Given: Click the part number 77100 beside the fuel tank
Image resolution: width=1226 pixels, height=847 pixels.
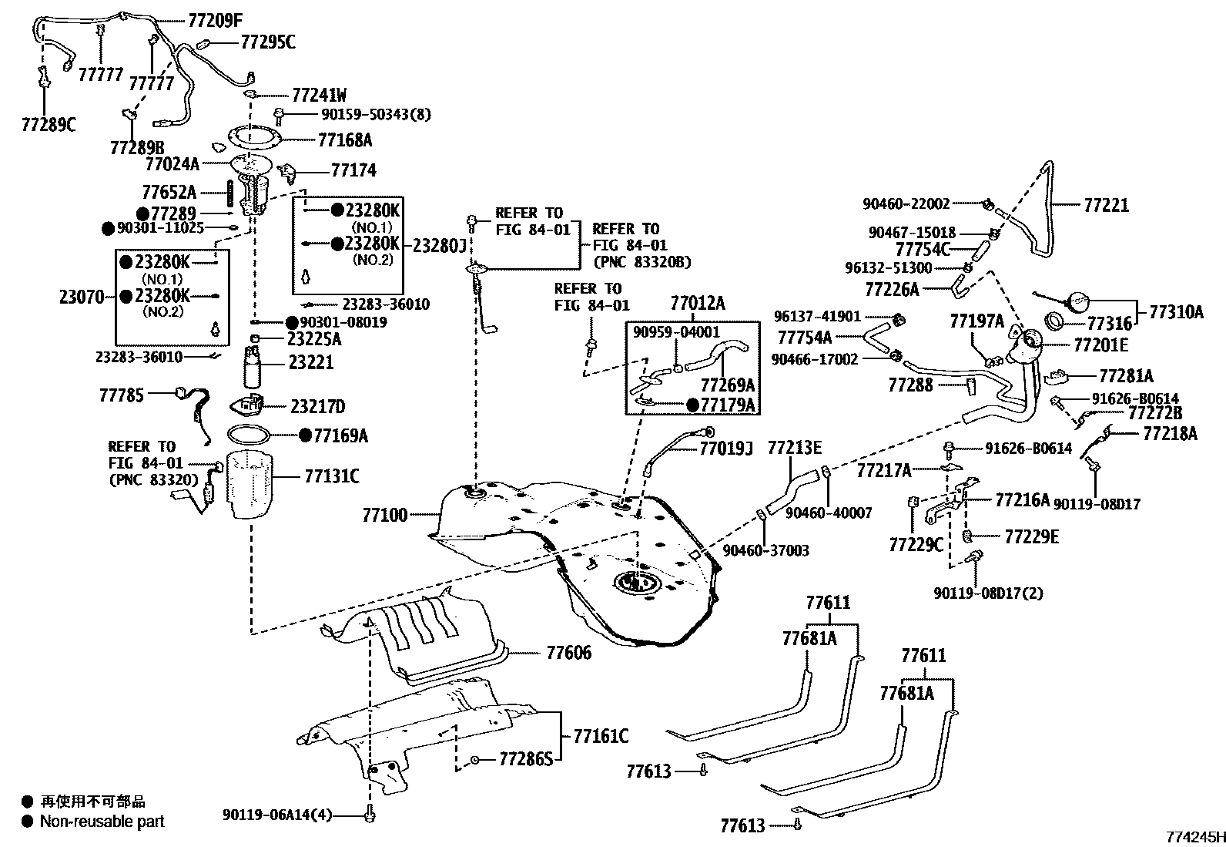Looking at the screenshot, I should click(385, 514).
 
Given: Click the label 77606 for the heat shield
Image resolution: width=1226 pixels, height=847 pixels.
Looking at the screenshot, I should click(568, 653).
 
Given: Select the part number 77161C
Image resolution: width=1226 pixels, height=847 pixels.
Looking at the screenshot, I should click(600, 736).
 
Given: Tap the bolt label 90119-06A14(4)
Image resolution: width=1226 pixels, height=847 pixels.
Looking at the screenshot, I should click(277, 815).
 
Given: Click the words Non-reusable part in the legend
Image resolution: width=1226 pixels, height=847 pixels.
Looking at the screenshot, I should click(102, 822).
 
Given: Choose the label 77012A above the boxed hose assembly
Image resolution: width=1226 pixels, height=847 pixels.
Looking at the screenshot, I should click(697, 303).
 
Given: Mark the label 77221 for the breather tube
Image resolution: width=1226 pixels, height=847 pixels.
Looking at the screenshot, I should click(1106, 205).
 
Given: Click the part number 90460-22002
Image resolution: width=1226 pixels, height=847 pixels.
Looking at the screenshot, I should click(906, 203).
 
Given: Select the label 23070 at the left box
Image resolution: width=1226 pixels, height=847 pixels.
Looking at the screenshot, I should click(81, 297).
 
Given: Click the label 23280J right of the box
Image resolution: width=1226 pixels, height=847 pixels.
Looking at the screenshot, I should click(440, 245).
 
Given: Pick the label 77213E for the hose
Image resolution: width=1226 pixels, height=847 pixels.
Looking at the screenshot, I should click(794, 447).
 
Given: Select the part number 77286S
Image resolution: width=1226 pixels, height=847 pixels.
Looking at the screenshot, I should click(525, 760).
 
